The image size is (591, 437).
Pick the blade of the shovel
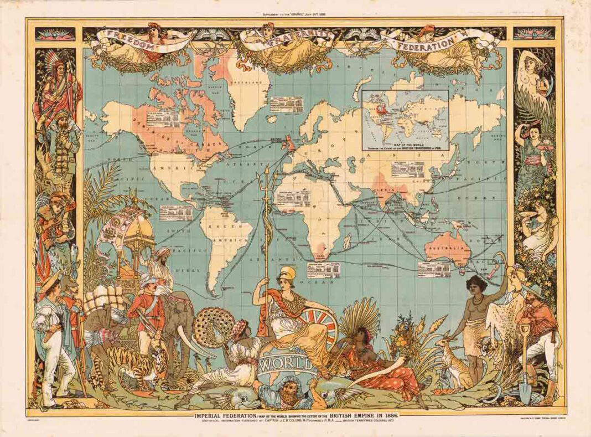tap(525, 393)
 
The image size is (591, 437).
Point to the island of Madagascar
tap(347, 241)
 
